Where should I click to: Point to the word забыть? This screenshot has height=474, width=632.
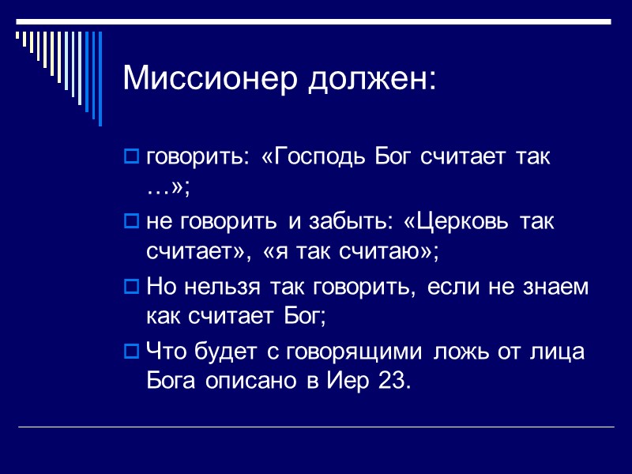click(x=344, y=222)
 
